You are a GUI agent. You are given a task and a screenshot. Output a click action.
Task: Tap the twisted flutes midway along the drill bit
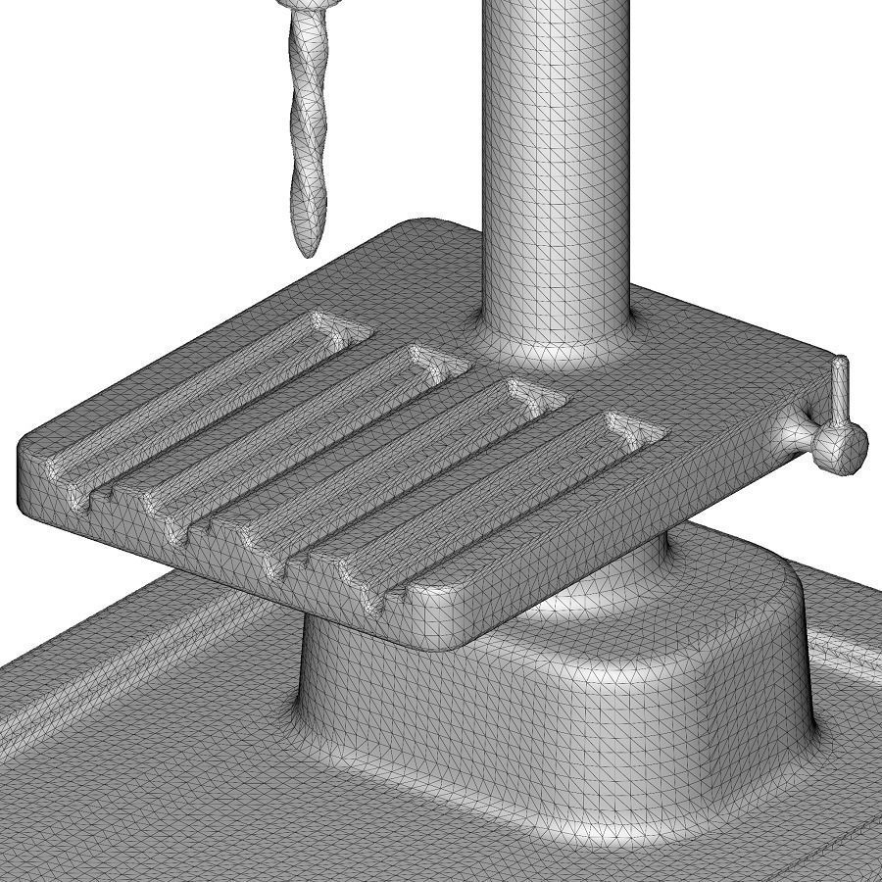click(x=309, y=127)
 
